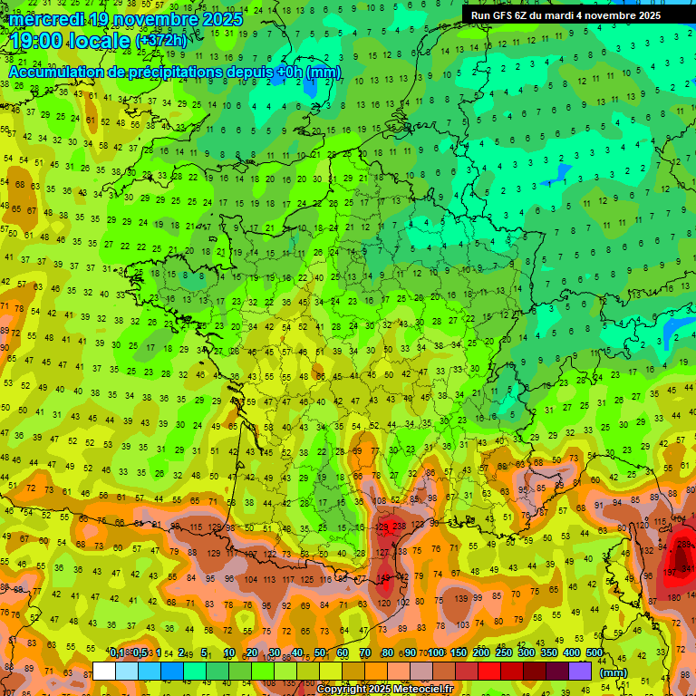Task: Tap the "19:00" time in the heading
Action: [39, 41]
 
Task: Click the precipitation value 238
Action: [400, 527]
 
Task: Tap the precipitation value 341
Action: [688, 569]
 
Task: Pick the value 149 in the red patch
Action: [384, 577]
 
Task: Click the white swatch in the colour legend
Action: [104, 671]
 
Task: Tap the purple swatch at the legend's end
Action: [580, 671]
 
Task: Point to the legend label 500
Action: [594, 653]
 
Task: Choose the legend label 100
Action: [436, 653]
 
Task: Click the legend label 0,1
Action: [117, 653]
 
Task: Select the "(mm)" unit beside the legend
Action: [614, 672]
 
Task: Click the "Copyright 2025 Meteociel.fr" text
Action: [384, 689]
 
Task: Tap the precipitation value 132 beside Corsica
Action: [648, 550]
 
